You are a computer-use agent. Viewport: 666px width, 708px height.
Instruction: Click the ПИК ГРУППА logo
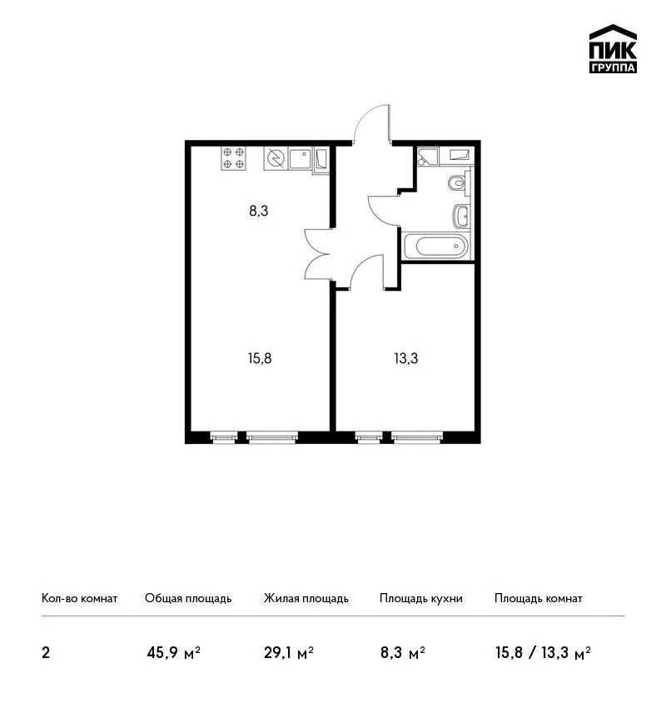point(613,49)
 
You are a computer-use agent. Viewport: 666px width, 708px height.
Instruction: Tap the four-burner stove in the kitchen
point(234,158)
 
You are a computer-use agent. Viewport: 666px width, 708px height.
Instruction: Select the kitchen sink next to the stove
point(300,158)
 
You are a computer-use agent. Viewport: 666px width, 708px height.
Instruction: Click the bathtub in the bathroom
point(437,246)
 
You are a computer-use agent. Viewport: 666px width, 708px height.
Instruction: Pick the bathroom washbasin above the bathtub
point(461,216)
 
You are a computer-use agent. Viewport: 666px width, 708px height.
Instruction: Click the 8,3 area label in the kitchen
point(259,211)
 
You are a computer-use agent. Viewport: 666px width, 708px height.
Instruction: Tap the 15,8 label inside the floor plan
point(260,358)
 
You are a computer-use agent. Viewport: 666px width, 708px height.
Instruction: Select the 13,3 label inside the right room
point(406,358)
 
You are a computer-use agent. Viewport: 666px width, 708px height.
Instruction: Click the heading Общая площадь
point(188,599)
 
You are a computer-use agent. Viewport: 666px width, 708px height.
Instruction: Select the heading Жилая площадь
point(306,599)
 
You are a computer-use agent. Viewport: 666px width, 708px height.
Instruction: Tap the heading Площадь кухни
point(421,599)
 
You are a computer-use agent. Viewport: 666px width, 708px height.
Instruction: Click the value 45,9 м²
point(174,653)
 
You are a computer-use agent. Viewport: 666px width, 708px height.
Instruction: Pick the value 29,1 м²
point(289,653)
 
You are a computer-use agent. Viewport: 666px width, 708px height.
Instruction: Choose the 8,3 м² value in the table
point(403,653)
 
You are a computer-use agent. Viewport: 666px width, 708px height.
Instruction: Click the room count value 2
point(46,653)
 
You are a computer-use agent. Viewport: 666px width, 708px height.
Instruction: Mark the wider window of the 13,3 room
point(417,436)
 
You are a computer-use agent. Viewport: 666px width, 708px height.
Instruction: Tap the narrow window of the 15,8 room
point(224,436)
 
